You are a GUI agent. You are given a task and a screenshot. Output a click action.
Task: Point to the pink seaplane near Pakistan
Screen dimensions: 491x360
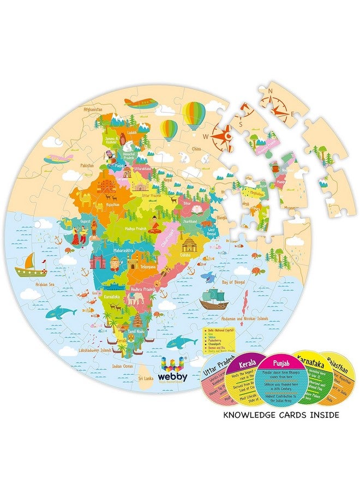click(x=59, y=159)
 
